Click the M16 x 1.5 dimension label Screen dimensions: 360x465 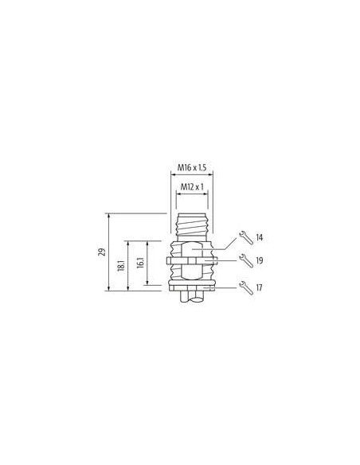(192, 167)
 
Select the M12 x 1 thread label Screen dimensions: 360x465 (192, 187)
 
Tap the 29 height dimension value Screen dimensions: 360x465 (102, 252)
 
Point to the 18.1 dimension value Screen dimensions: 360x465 (121, 265)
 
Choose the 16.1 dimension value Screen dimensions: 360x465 (140, 263)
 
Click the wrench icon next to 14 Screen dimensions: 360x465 (246, 237)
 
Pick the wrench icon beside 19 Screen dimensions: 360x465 (246, 260)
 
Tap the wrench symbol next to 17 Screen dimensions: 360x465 (246, 287)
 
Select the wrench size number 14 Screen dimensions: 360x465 (259, 238)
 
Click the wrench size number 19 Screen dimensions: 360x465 (260, 260)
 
